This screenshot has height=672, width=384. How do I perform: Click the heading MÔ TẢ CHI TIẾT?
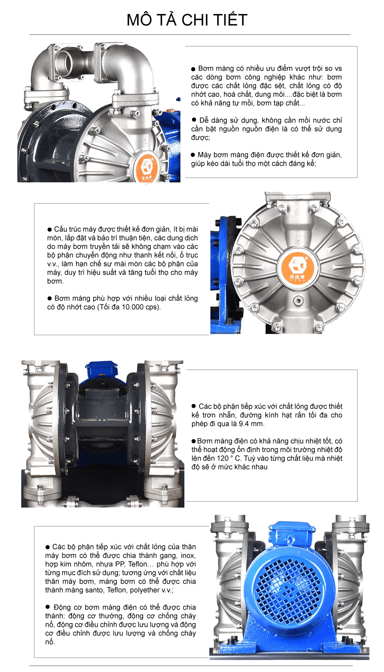point(187,20)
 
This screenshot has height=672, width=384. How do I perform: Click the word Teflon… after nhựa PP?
point(141,564)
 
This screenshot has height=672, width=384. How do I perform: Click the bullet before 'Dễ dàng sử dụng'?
point(194,120)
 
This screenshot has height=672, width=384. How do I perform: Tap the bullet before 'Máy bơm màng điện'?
point(193,155)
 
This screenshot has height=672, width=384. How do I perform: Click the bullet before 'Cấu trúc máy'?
point(50,230)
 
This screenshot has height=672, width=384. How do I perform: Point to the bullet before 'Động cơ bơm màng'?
point(47,606)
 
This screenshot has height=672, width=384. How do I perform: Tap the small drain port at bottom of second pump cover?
point(298,300)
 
